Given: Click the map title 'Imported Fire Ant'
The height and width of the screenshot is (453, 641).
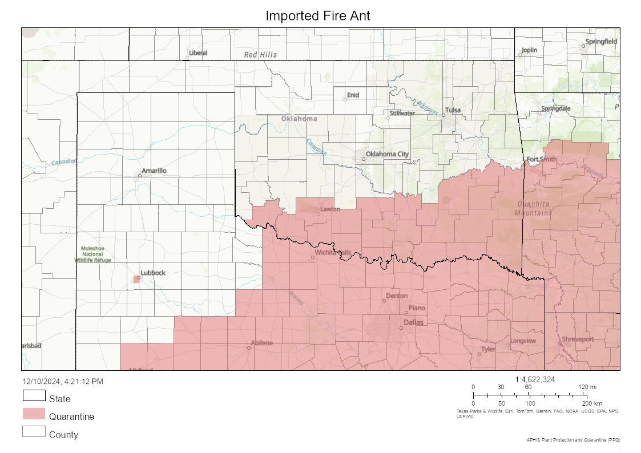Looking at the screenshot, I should pyautogui.click(x=317, y=16).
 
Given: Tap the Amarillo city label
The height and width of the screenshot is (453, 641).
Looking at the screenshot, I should pyautogui.click(x=154, y=171).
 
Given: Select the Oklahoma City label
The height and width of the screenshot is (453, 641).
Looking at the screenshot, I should pyautogui.click(x=387, y=154).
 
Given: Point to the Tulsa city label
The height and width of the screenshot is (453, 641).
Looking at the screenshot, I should pyautogui.click(x=453, y=110).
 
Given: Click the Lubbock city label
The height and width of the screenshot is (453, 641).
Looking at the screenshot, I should pyautogui.click(x=153, y=273).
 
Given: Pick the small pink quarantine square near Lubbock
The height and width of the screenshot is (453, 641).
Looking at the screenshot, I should pyautogui.click(x=136, y=279).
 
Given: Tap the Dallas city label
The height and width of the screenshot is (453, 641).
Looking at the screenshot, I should pyautogui.click(x=413, y=323).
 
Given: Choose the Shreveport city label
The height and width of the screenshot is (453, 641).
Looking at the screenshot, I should pyautogui.click(x=578, y=339).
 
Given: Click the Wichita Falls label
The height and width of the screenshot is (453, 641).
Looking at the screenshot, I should pyautogui.click(x=333, y=252).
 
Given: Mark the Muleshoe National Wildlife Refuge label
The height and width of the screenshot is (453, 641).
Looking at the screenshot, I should pyautogui.click(x=92, y=254).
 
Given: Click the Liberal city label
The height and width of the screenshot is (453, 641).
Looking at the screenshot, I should pyautogui.click(x=198, y=53).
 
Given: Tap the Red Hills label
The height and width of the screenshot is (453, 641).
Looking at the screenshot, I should pyautogui.click(x=260, y=55).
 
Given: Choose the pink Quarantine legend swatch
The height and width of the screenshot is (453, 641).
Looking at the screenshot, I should pyautogui.click(x=34, y=414).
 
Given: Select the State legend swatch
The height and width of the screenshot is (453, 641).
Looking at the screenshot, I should pyautogui.click(x=34, y=396).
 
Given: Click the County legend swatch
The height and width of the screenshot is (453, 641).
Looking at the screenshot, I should pyautogui.click(x=34, y=432).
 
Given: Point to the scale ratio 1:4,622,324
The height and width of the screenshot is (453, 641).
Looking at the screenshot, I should pyautogui.click(x=535, y=379).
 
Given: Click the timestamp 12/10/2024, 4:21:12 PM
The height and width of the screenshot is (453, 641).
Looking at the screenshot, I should pyautogui.click(x=63, y=381).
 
